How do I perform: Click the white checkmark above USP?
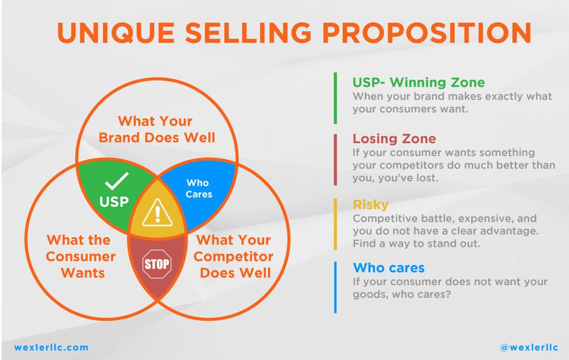pyautogui.click(x=117, y=181)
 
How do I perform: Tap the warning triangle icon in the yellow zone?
pyautogui.click(x=157, y=213)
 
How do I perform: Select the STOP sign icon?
pyautogui.click(x=157, y=264)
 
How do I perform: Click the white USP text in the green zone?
pyautogui.click(x=114, y=202)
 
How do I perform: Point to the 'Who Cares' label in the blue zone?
pyautogui.click(x=199, y=189)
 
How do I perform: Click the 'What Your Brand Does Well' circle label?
pyautogui.click(x=156, y=129)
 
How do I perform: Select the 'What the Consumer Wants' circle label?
pyautogui.click(x=81, y=256)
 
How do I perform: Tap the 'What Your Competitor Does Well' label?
pyautogui.click(x=234, y=256)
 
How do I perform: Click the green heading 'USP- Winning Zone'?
pyautogui.click(x=419, y=82)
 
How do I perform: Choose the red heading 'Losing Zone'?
pyautogui.click(x=394, y=139)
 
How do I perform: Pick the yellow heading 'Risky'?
pyautogui.click(x=370, y=204)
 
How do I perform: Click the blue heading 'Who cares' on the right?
pyautogui.click(x=389, y=267)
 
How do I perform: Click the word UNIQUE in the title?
pyautogui.click(x=116, y=33)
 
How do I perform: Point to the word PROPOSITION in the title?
pyautogui.click(x=427, y=33)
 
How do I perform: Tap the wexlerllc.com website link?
pyautogui.click(x=51, y=347)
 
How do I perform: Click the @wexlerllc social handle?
pyautogui.click(x=529, y=347)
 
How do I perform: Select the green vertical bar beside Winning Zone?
pyautogui.click(x=335, y=98)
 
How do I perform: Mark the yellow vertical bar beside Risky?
pyautogui.click(x=335, y=224)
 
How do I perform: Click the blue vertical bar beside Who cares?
pyautogui.click(x=335, y=287)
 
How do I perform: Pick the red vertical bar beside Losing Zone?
pyautogui.click(x=335, y=160)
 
